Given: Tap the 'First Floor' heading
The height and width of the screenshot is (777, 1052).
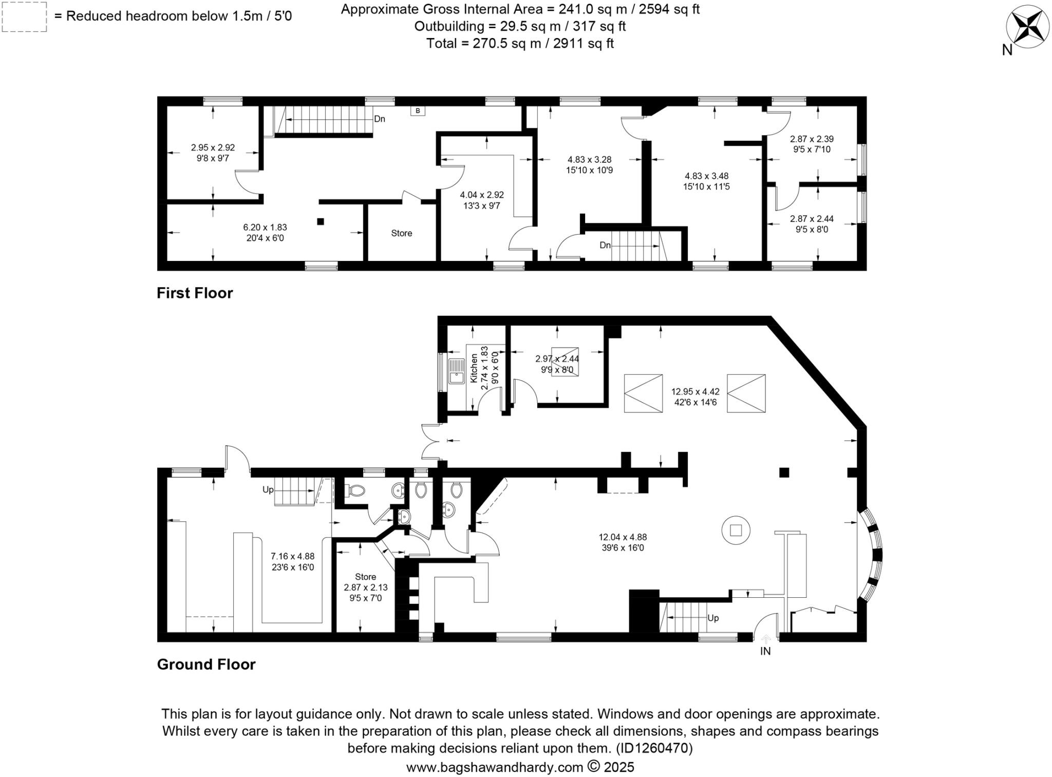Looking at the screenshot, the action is pos(195,293).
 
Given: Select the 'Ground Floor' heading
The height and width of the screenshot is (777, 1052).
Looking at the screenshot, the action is pos(206,664).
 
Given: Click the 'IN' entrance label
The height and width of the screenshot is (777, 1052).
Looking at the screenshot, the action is pos(765,651).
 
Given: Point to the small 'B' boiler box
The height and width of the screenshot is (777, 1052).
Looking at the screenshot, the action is pos(418,110).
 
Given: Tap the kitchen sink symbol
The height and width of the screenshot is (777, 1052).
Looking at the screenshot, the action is pos(456,371).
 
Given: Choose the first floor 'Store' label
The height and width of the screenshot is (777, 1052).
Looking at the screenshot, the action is pos(401,233).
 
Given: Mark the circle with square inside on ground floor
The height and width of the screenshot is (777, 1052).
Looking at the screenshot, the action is pos(736,529).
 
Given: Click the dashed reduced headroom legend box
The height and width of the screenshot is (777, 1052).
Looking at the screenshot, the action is pos(24,16).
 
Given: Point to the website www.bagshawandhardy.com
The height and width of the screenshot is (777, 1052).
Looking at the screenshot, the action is pos(494,767).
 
